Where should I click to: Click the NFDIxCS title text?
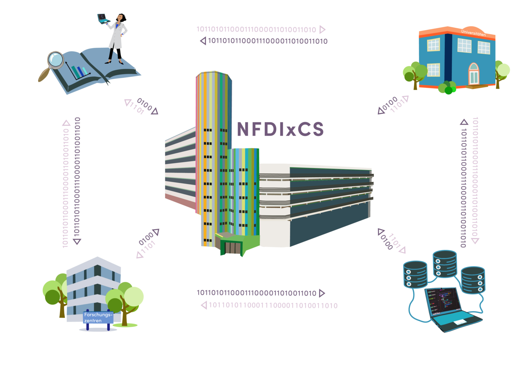(x=280, y=129)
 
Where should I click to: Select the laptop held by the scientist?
(x=103, y=19)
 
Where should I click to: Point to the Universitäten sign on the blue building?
(x=473, y=33)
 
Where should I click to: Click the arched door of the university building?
(x=474, y=74)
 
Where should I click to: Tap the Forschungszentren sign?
(x=98, y=318)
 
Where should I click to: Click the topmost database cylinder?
(x=445, y=263)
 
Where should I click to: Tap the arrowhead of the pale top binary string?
(x=322, y=29)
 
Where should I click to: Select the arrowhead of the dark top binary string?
(x=203, y=41)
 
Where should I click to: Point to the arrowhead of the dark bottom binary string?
(x=322, y=293)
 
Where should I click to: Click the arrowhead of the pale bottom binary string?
(x=204, y=305)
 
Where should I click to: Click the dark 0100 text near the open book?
(x=145, y=104)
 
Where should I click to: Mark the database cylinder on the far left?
(x=415, y=274)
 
